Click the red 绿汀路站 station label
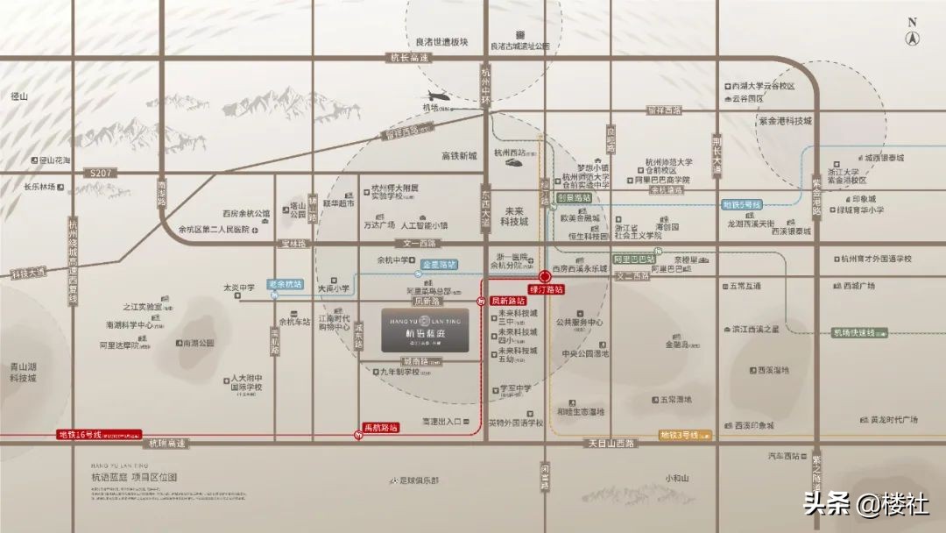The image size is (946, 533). click(545, 288)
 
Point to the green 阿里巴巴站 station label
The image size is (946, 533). click(633, 259)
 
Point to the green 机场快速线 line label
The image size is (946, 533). click(859, 333)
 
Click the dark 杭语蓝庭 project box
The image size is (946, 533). click(425, 330)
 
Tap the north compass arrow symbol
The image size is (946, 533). click(912, 37)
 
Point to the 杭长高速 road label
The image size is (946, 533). click(409, 58)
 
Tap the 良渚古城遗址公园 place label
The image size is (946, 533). click(519, 46)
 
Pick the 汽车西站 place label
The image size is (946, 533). click(784, 456)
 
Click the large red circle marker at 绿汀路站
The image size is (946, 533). click(545, 274)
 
